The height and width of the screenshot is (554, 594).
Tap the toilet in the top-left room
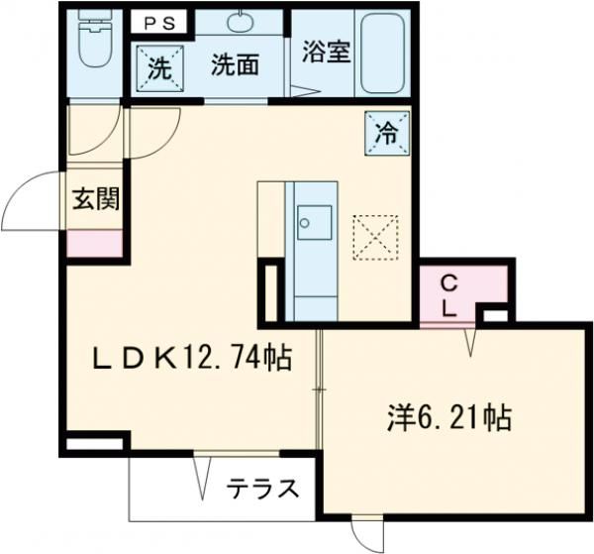95,44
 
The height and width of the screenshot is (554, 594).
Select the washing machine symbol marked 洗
158,69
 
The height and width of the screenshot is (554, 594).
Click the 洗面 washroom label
237,66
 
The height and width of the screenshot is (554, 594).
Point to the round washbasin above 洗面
241,22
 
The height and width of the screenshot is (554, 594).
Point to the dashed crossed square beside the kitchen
374,236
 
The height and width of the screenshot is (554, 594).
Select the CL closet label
448,292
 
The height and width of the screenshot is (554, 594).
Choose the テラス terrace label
262,489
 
